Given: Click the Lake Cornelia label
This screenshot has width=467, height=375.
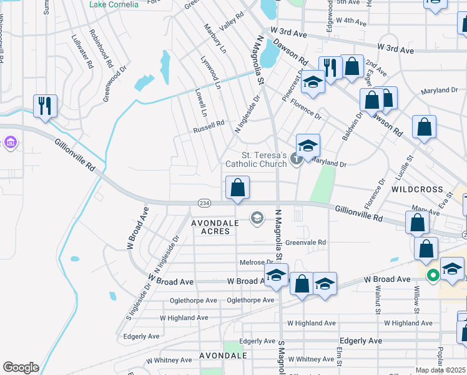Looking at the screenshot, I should [114, 4].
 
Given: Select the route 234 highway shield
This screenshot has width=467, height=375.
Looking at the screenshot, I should [204, 203].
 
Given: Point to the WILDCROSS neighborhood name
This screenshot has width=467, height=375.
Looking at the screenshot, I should [417, 189].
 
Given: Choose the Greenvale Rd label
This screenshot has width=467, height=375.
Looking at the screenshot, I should [306, 242].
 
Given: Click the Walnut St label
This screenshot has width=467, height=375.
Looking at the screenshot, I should [378, 295].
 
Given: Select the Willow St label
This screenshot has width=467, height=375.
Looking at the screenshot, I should [416, 295].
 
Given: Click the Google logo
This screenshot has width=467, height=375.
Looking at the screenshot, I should [21, 367].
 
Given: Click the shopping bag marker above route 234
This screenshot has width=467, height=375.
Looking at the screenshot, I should [237, 188].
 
